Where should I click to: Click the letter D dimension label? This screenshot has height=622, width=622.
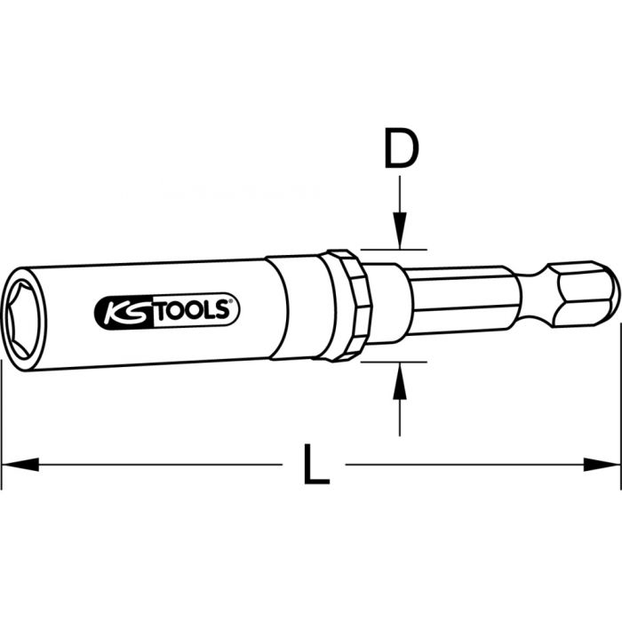[x=401, y=150]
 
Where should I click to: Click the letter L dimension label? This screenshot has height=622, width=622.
[x=313, y=464]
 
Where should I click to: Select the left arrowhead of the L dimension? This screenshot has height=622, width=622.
[x=20, y=464]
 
